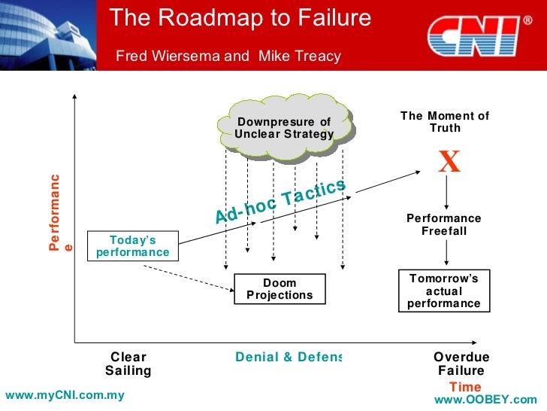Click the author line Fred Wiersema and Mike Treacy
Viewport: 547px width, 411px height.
(228, 56)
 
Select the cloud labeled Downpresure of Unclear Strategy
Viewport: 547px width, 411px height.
(283, 128)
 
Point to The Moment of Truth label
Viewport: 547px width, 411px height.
(444, 122)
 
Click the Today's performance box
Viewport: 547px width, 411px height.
(132, 246)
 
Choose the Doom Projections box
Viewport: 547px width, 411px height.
(280, 289)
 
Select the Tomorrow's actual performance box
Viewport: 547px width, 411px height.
(443, 291)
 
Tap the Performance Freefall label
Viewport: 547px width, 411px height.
(443, 224)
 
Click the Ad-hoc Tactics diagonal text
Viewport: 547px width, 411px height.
(280, 201)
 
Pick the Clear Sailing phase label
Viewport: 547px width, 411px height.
(128, 364)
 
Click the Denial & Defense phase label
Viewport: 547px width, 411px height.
(289, 357)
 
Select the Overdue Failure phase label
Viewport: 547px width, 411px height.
(461, 364)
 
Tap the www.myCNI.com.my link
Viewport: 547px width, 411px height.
(64, 395)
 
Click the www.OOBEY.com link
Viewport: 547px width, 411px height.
(491, 400)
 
